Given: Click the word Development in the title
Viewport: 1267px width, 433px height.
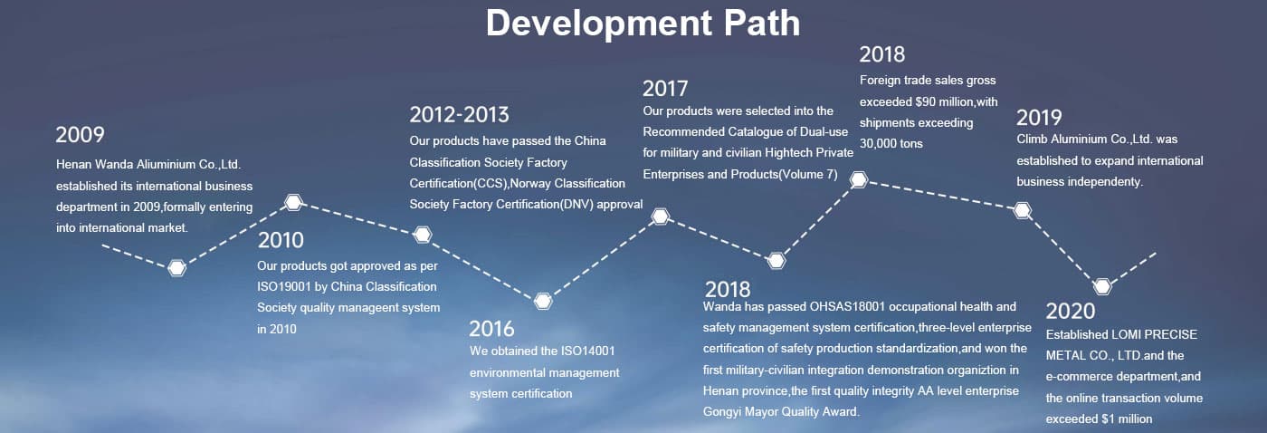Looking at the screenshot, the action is pos(599,24).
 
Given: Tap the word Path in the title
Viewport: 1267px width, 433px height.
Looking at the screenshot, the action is pos(762,23).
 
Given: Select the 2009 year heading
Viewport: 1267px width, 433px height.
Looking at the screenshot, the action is pos(80,135).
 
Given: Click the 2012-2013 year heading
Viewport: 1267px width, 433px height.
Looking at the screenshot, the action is pos(460,115).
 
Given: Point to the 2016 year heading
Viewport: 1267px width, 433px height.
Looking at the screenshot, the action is pos(491,329).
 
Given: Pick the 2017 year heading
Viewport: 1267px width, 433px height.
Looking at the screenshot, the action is pos(665,89).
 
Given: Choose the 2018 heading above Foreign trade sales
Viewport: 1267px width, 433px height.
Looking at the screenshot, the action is pos(881,55).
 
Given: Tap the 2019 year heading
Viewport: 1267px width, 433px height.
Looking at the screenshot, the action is pos(1039,118).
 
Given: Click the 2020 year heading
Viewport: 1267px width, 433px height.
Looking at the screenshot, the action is pos(1070,312).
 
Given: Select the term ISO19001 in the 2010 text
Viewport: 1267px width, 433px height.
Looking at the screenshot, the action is pos(284,287).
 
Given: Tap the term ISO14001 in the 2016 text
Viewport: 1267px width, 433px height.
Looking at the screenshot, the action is pos(587,351).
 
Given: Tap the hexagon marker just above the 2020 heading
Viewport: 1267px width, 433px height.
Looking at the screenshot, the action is pos(1102,287).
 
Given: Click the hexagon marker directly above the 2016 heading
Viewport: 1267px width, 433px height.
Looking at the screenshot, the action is pos(543,301).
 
